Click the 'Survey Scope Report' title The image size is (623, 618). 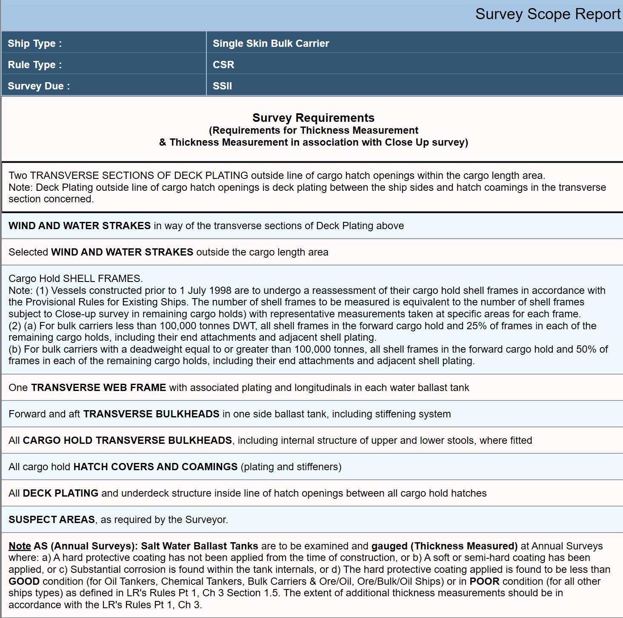click(x=548, y=14)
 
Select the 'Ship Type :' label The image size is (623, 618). click(x=35, y=43)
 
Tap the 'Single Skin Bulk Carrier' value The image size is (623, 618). click(x=271, y=43)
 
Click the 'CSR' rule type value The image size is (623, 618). click(x=223, y=65)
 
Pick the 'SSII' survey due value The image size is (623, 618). click(x=222, y=86)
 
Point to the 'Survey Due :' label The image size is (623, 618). click(x=39, y=86)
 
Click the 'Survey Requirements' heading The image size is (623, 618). click(x=313, y=118)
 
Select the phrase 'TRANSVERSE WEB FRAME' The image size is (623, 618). click(x=98, y=388)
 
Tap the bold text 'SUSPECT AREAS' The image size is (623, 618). click(x=51, y=520)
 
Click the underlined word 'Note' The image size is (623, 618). click(x=20, y=546)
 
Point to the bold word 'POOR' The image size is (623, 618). click(x=484, y=581)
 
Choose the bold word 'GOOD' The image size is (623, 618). click(x=24, y=581)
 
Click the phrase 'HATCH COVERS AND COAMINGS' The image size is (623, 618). click(x=155, y=467)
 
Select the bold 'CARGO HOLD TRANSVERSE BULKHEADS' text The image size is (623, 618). click(x=127, y=440)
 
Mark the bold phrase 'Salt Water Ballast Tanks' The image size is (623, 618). click(x=199, y=546)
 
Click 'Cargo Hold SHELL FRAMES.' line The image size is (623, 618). click(x=75, y=279)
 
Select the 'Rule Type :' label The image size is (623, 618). click(x=35, y=65)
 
